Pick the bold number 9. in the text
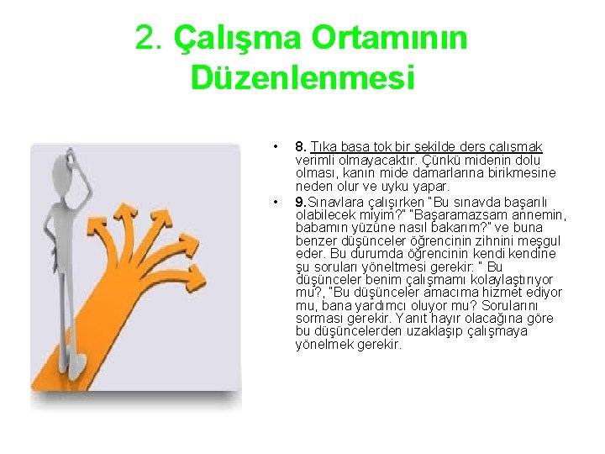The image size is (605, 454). [300, 202]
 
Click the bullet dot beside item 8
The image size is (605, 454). [275, 147]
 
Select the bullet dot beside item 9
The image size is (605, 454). [275, 202]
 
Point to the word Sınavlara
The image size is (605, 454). [334, 202]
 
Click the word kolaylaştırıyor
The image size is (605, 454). [518, 279]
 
